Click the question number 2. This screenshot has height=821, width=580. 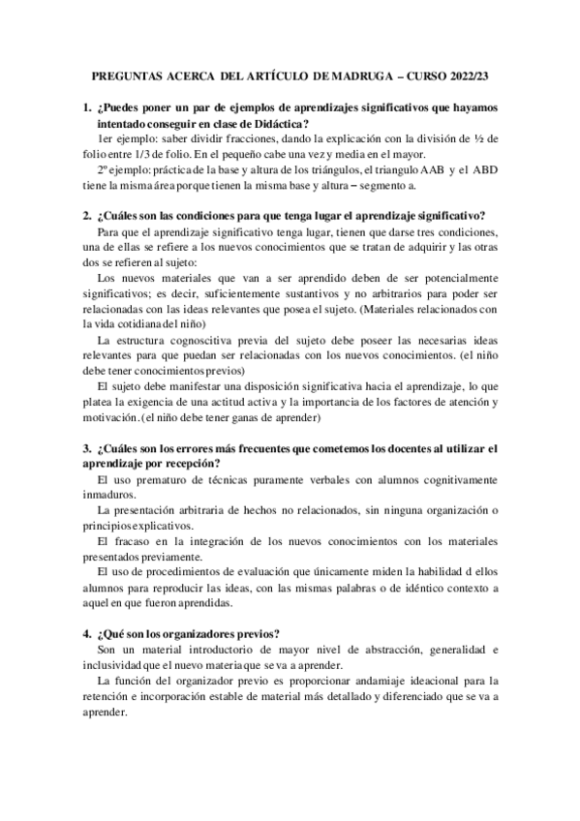pyautogui.click(x=87, y=214)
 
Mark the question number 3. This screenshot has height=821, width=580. pyautogui.click(x=87, y=448)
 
